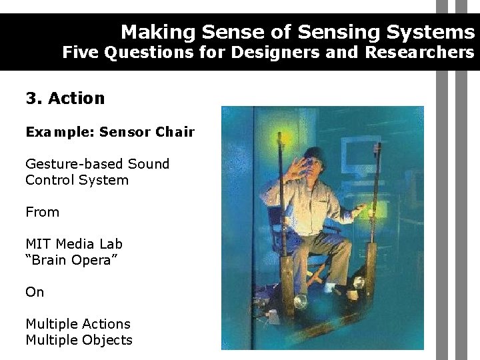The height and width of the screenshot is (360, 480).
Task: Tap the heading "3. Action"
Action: [x=65, y=99]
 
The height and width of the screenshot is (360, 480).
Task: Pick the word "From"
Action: [x=42, y=212]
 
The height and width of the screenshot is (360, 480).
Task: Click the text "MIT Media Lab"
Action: [x=74, y=244]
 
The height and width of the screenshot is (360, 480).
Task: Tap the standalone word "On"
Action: [x=35, y=292]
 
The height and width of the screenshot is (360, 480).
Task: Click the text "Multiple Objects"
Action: [x=79, y=340]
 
